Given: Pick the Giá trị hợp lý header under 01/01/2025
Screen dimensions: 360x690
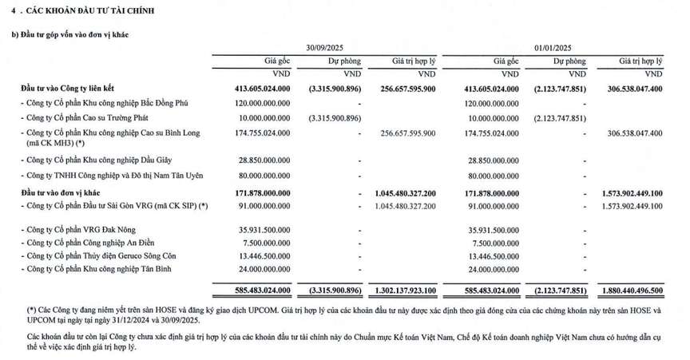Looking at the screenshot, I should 640,61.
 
